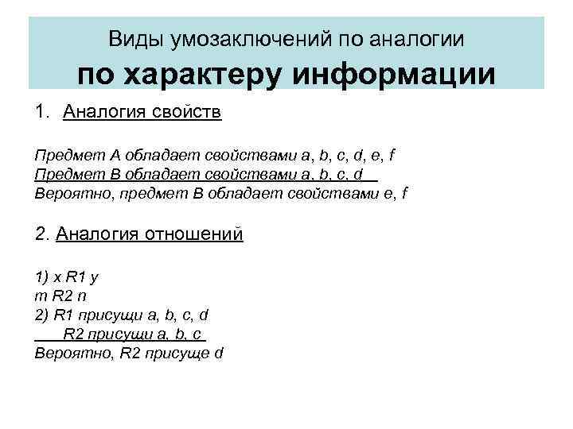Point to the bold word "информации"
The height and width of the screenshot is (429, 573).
tap(393, 75)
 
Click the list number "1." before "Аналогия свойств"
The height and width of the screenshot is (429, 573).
tap(42, 113)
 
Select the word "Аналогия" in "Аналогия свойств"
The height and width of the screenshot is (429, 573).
tap(103, 113)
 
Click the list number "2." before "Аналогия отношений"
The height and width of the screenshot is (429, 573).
tap(43, 234)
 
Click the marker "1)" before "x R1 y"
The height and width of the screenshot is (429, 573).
tap(41, 277)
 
